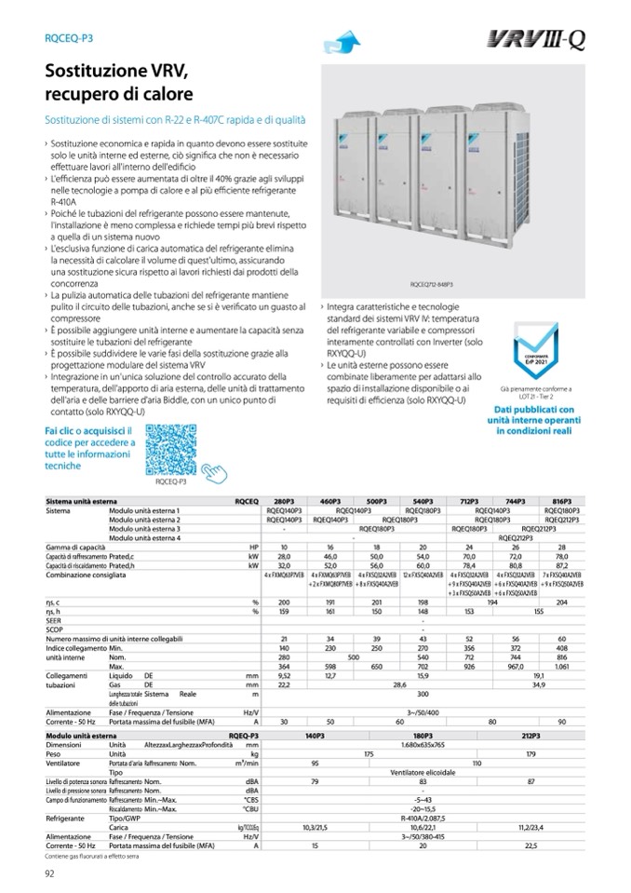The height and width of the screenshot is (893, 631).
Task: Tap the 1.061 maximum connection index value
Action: tap(562, 668)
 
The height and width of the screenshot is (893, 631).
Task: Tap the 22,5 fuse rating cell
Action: tap(531, 844)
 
